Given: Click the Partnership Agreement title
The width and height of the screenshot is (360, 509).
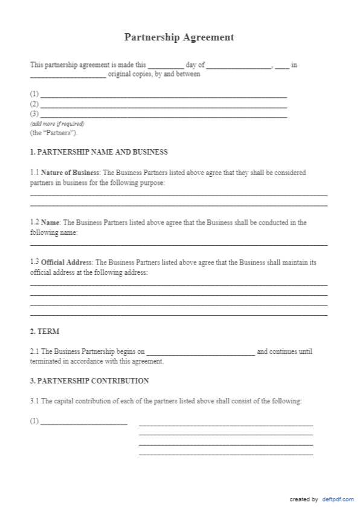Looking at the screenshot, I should (179, 37).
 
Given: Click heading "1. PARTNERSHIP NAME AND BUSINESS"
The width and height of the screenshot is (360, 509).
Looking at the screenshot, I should (99, 152).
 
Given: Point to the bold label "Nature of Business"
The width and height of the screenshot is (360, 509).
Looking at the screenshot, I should (70, 173).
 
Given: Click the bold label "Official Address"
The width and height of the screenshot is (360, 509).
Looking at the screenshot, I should (66, 263).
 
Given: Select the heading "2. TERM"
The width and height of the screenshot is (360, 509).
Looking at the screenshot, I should (45, 332).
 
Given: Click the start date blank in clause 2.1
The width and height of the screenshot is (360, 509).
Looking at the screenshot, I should (201, 353).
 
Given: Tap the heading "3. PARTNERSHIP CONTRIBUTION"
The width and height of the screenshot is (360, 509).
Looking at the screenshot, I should (89, 381).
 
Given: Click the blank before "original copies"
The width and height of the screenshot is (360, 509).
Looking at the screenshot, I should (68, 76).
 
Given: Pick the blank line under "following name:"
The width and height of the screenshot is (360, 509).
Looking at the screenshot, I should (179, 244).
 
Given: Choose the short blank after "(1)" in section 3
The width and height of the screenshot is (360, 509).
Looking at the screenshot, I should (83, 423).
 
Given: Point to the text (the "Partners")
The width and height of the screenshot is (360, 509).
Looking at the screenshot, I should (54, 133).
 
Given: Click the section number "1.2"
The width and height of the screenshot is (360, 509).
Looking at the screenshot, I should (34, 223).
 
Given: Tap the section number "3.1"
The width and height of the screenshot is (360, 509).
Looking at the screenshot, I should (34, 402).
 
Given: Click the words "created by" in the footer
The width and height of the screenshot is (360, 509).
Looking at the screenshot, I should (304, 499).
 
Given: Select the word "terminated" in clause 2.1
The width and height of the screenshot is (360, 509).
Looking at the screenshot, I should (45, 361).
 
